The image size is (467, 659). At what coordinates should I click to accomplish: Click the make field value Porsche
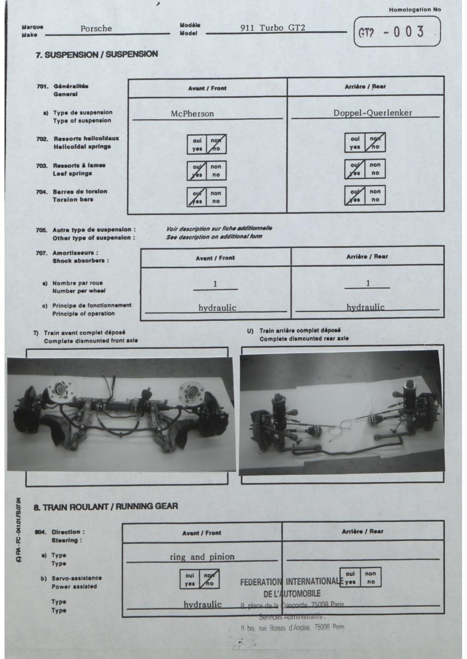coord(96,29)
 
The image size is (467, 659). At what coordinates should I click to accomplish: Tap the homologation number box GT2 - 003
coord(397,32)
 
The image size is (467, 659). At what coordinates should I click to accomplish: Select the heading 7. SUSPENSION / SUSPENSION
coord(96,54)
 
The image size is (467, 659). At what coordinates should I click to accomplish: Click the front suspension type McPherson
coord(192,113)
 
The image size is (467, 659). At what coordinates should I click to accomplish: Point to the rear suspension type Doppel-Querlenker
coord(373,113)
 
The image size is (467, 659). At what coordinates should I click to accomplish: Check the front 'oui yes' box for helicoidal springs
coord(197,144)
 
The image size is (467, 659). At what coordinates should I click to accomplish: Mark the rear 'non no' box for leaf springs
coord(375,169)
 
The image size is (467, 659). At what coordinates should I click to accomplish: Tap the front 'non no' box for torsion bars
coord(216,197)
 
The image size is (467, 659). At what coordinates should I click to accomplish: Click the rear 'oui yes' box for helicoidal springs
coord(355,143)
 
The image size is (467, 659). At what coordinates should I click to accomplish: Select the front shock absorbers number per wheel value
coord(215,284)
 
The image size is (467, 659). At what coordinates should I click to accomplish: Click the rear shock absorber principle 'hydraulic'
coord(365,307)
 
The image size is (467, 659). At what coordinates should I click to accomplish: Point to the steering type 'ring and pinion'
coord(202,557)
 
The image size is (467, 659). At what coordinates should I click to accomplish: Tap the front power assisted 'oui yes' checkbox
coord(190,579)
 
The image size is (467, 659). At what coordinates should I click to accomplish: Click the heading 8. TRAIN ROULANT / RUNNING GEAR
coord(106,506)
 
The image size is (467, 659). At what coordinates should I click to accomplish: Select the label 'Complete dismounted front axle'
coord(91,341)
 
